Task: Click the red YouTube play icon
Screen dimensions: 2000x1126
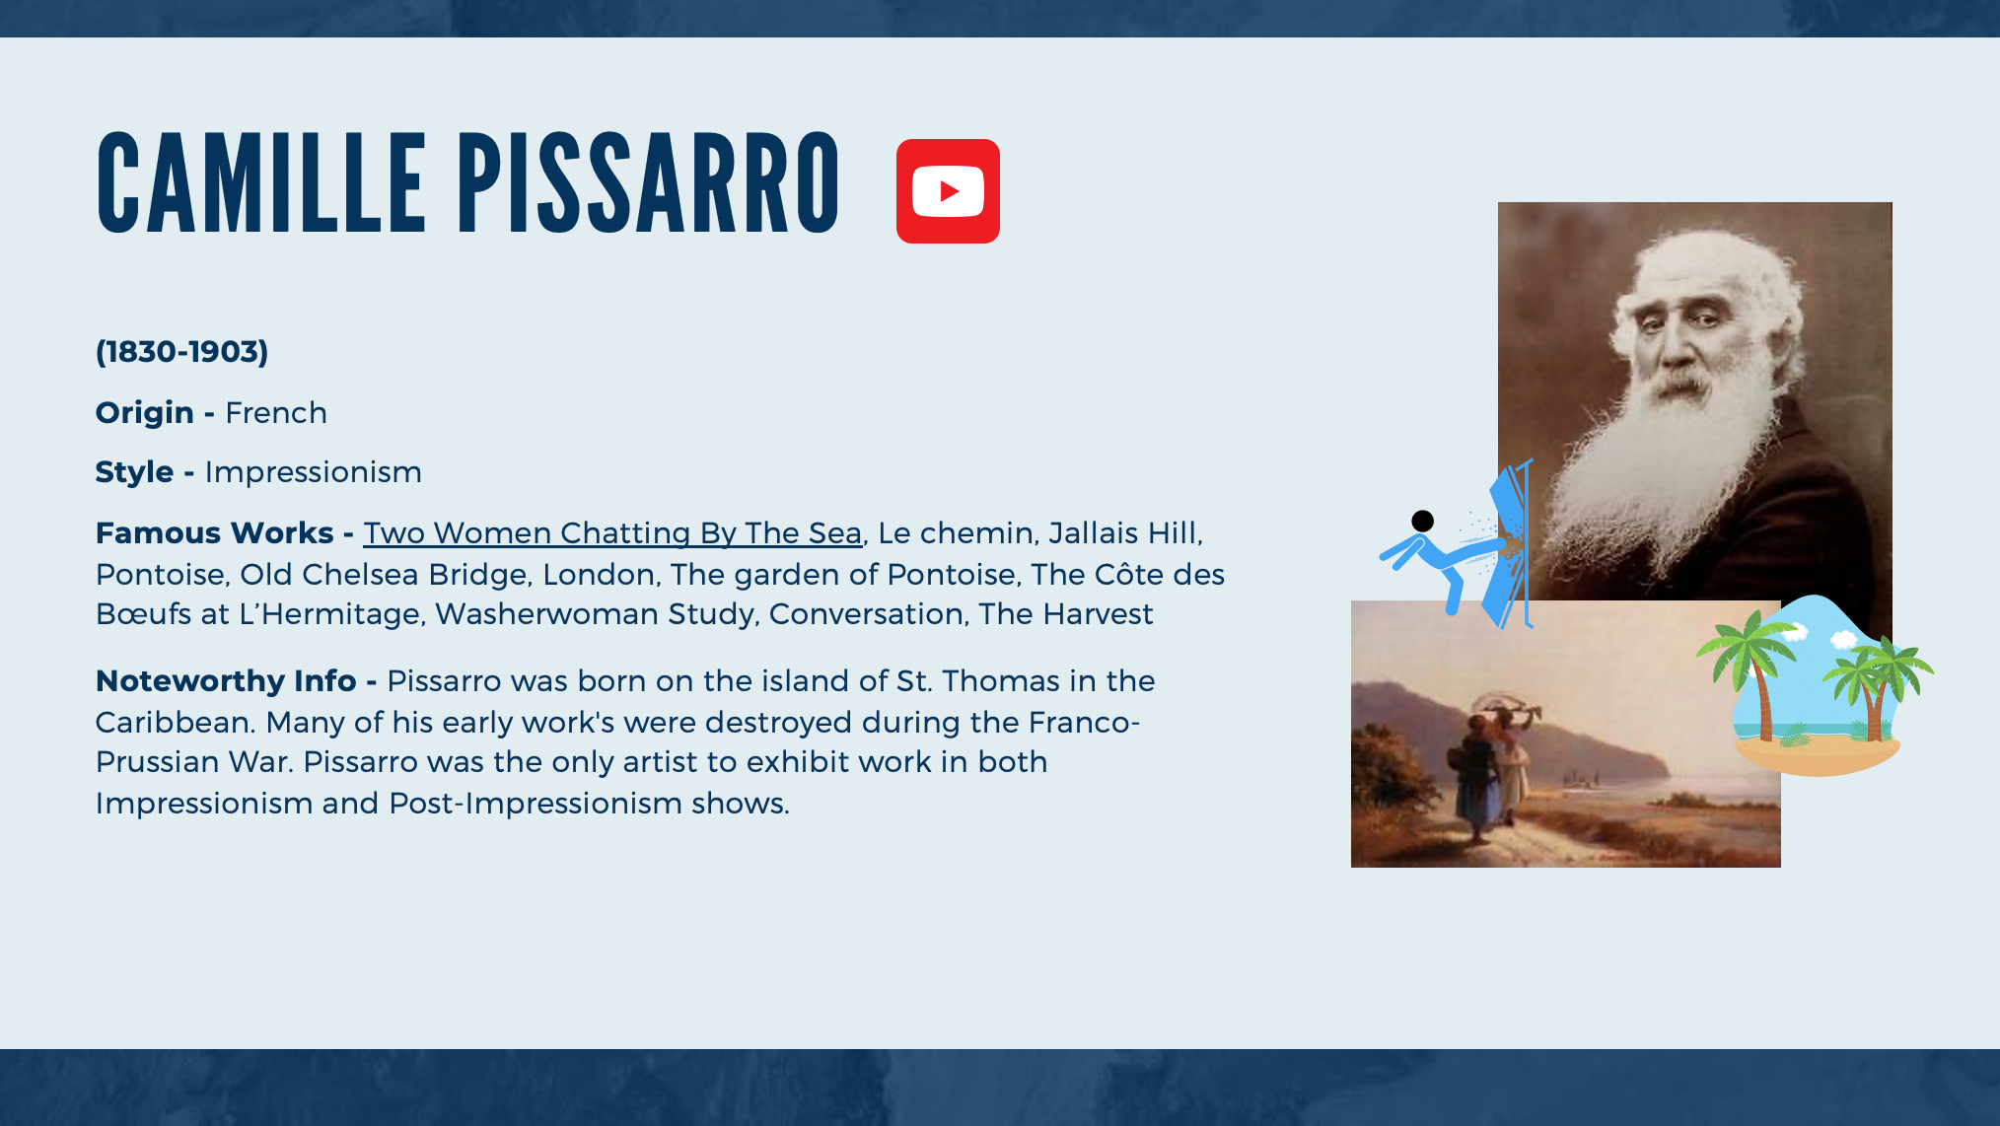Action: tap(948, 191)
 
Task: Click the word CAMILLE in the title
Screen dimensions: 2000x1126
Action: tap(261, 184)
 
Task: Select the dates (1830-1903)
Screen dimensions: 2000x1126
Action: tap(181, 352)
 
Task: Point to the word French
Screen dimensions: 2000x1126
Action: tap(276, 413)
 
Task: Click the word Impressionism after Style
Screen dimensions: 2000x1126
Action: tap(313, 472)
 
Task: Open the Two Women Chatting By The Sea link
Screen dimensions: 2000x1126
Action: tap(612, 533)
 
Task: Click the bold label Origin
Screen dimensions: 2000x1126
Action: tap(145, 413)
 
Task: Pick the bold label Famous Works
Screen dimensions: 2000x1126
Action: tap(214, 533)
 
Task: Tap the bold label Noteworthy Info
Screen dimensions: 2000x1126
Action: tap(226, 681)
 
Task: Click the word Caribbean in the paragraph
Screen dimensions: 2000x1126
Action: tap(175, 723)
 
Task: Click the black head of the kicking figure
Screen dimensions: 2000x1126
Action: tap(1422, 521)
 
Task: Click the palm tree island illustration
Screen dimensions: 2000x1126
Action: tap(1815, 685)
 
